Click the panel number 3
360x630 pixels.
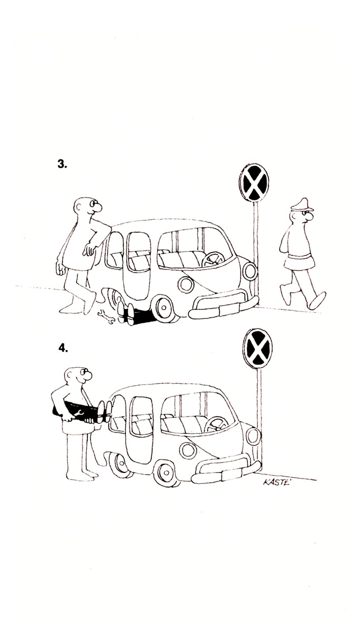point(62,165)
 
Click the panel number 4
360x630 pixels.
point(63,348)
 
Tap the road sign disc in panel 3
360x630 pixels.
point(254,183)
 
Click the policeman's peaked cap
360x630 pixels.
point(302,204)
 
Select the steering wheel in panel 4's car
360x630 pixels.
point(217,424)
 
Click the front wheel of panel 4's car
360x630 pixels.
point(167,474)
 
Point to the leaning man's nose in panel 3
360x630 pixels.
point(98,208)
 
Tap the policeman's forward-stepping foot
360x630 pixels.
point(318,301)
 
